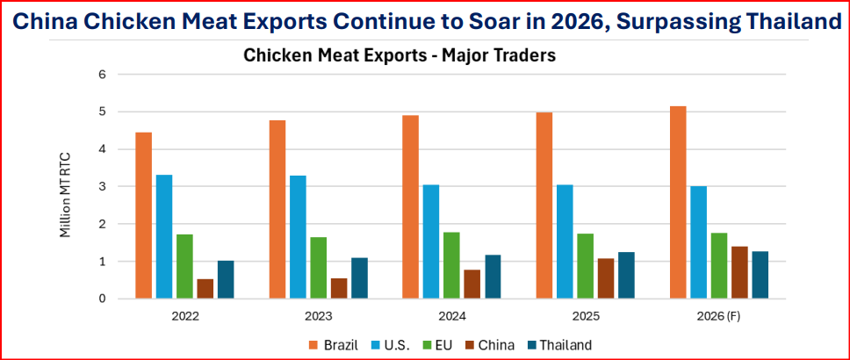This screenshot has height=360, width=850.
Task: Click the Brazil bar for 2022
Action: (x=143, y=215)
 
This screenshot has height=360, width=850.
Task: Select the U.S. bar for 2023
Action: (x=298, y=237)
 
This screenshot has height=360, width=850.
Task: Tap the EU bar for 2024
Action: (x=451, y=265)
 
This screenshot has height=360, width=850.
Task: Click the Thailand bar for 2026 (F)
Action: (x=760, y=275)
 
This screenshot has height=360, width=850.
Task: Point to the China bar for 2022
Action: (x=205, y=289)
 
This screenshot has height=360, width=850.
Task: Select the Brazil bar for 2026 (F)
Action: (x=677, y=202)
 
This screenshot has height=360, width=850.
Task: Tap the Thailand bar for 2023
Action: (x=359, y=278)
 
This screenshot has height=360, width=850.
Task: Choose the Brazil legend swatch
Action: (x=312, y=345)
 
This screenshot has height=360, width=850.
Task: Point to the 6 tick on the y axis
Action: (x=102, y=75)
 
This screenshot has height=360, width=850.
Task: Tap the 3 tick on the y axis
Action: (x=102, y=187)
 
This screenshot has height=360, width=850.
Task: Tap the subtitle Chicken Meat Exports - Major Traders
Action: (x=400, y=56)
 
